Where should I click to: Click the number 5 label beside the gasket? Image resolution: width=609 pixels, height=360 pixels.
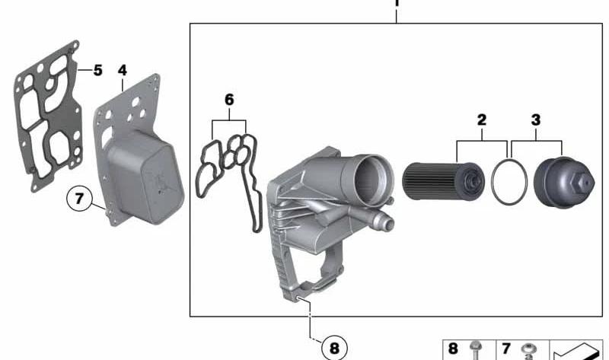97,70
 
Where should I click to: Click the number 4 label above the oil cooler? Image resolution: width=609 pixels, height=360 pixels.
123,70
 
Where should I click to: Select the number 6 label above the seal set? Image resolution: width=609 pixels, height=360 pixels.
229,100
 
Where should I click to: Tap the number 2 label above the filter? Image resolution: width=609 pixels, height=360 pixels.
482,119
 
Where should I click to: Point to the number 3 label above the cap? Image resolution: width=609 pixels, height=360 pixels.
536,119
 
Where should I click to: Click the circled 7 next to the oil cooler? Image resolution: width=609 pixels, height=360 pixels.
80,199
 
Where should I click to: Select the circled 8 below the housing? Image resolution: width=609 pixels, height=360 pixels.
334,348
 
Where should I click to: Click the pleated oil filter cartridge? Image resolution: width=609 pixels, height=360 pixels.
443,181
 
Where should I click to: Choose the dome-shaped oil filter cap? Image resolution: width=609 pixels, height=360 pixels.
564,183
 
